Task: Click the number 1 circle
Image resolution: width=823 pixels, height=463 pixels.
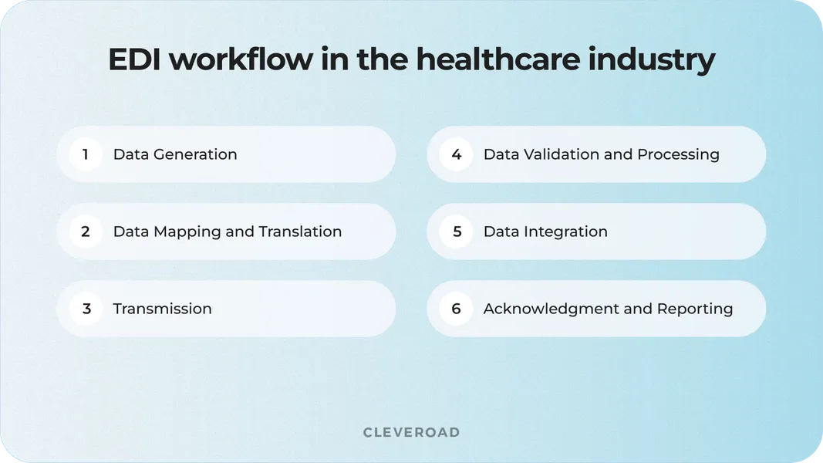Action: point(86,154)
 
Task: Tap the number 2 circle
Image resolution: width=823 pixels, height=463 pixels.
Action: point(86,231)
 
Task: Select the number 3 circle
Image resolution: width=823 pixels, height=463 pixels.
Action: point(86,309)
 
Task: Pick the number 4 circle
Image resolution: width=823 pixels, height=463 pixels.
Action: point(456,154)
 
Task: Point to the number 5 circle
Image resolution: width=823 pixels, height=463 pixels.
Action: point(456,231)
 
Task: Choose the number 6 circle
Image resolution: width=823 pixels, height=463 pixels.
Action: point(456,309)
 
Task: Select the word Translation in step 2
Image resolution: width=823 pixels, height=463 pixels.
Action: point(300,231)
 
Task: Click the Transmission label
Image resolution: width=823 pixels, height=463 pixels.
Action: point(162,309)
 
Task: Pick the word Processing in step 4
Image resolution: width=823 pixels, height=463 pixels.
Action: point(678,154)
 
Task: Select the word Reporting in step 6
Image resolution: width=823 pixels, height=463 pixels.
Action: point(694,309)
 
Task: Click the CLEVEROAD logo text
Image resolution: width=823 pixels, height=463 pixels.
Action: point(411,432)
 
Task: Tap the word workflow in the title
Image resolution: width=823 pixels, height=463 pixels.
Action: point(242,60)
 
